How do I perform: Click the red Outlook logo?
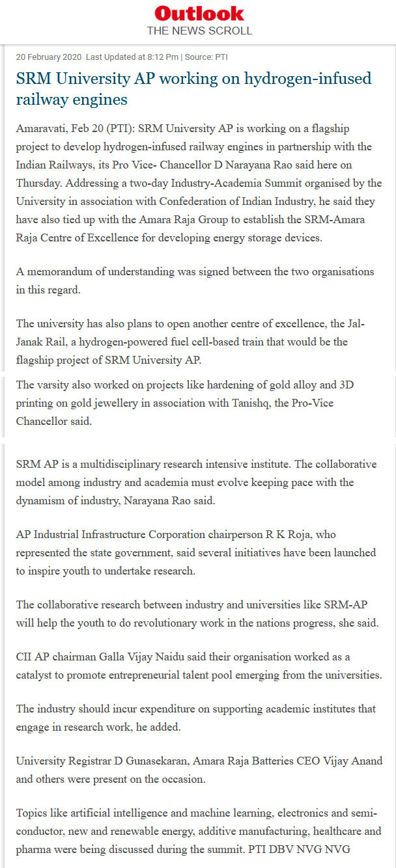pyautogui.click(x=199, y=13)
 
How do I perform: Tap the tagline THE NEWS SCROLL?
pyautogui.click(x=199, y=31)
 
